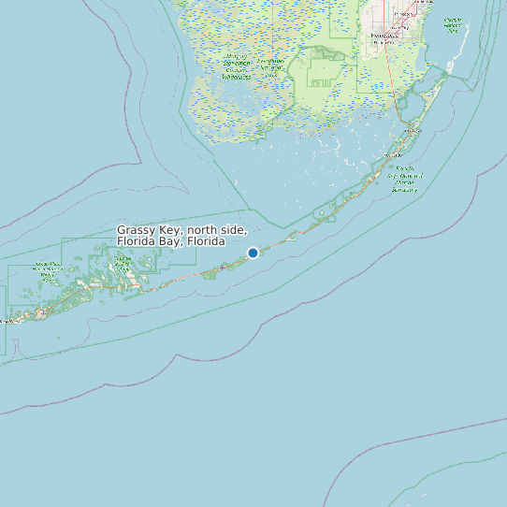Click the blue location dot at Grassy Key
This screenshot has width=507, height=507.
(253, 253)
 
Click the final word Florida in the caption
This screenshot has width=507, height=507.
(205, 241)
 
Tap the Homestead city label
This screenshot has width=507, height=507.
(383, 35)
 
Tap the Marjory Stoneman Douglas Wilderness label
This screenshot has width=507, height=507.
(237, 67)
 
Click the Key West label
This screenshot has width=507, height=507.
(7, 321)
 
